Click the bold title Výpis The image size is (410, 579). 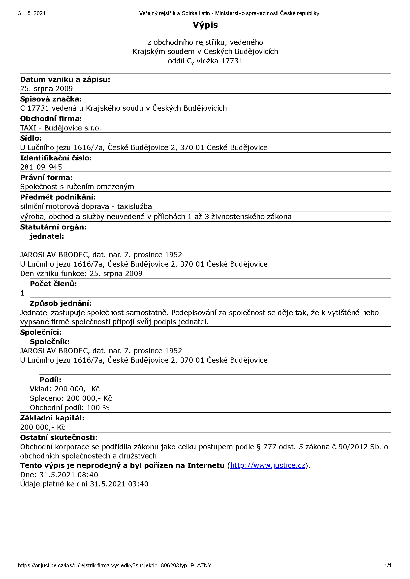pyautogui.click(x=205, y=25)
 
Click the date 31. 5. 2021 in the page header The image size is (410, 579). pyautogui.click(x=32, y=13)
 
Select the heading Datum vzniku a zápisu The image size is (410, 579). pyautogui.click(x=65, y=80)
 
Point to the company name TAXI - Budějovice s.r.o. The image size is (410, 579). pyautogui.click(x=60, y=128)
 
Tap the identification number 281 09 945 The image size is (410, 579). pyautogui.click(x=41, y=167)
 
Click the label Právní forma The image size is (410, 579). pyautogui.click(x=46, y=177)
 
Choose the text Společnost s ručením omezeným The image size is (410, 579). pyautogui.click(x=77, y=187)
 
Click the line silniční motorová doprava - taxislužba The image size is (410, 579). pyautogui.click(x=86, y=206)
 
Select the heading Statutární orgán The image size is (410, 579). pyautogui.click(x=53, y=227)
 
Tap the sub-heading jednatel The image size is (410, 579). pyautogui.click(x=47, y=236)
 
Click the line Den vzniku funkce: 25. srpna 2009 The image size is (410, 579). pyautogui.click(x=81, y=274)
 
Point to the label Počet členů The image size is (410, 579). pyautogui.click(x=53, y=284)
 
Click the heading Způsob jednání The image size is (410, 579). pyautogui.click(x=61, y=303)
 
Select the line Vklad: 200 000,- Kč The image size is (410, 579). pyautogui.click(x=65, y=389)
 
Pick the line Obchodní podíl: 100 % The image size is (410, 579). pyautogui.click(x=69, y=408)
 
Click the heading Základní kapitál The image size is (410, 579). pyautogui.click(x=52, y=418)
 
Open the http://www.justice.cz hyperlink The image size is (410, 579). pyautogui.click(x=268, y=465)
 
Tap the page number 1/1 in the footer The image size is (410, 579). pyautogui.click(x=387, y=565)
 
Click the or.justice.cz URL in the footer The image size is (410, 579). pyautogui.click(x=114, y=565)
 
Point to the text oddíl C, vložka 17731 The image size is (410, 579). pyautogui.click(x=205, y=61)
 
